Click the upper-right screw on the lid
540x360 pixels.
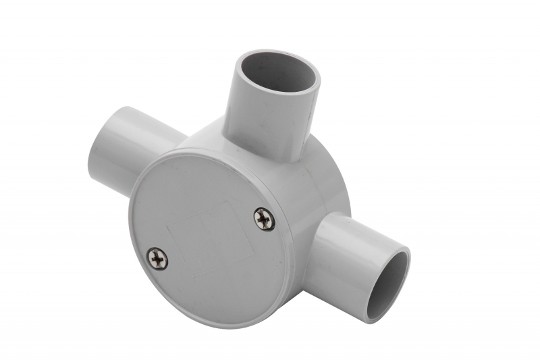pos(264,218)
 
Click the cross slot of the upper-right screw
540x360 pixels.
pos(264,218)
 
